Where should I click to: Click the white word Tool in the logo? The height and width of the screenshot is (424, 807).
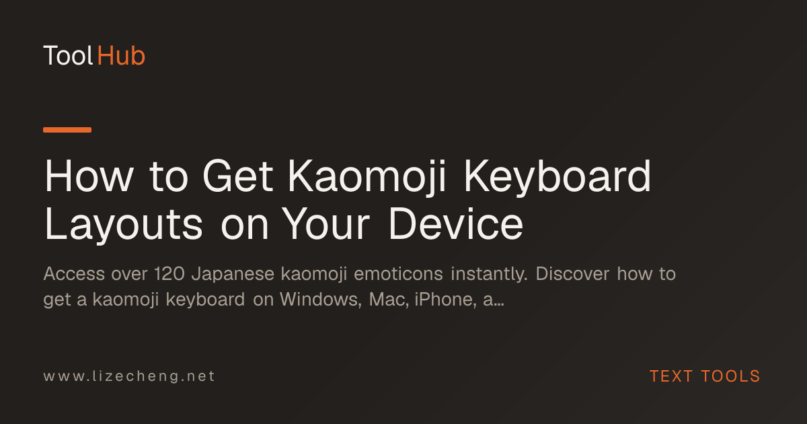tap(69, 56)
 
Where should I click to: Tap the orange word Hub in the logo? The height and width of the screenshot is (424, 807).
tap(121, 56)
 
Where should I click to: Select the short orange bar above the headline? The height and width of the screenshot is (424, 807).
tap(67, 130)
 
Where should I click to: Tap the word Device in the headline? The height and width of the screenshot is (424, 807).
tap(456, 223)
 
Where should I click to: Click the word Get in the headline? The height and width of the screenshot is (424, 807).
tap(238, 176)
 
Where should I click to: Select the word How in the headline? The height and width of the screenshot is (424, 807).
tap(89, 176)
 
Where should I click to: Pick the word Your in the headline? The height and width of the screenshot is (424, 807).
tap(325, 223)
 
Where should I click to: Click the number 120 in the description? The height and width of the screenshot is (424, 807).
tap(169, 274)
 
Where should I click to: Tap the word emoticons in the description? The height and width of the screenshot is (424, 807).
tap(398, 274)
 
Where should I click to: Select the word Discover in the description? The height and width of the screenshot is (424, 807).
tap(572, 274)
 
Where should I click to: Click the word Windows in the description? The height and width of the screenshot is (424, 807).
tap(321, 300)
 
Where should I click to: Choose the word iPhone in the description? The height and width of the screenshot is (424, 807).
tap(446, 300)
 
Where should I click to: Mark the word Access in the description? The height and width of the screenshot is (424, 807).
tap(74, 274)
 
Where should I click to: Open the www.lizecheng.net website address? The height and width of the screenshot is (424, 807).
tap(129, 376)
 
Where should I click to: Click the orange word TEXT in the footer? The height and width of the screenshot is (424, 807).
tap(671, 376)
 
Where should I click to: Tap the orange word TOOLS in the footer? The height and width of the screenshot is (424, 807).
tap(730, 376)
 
